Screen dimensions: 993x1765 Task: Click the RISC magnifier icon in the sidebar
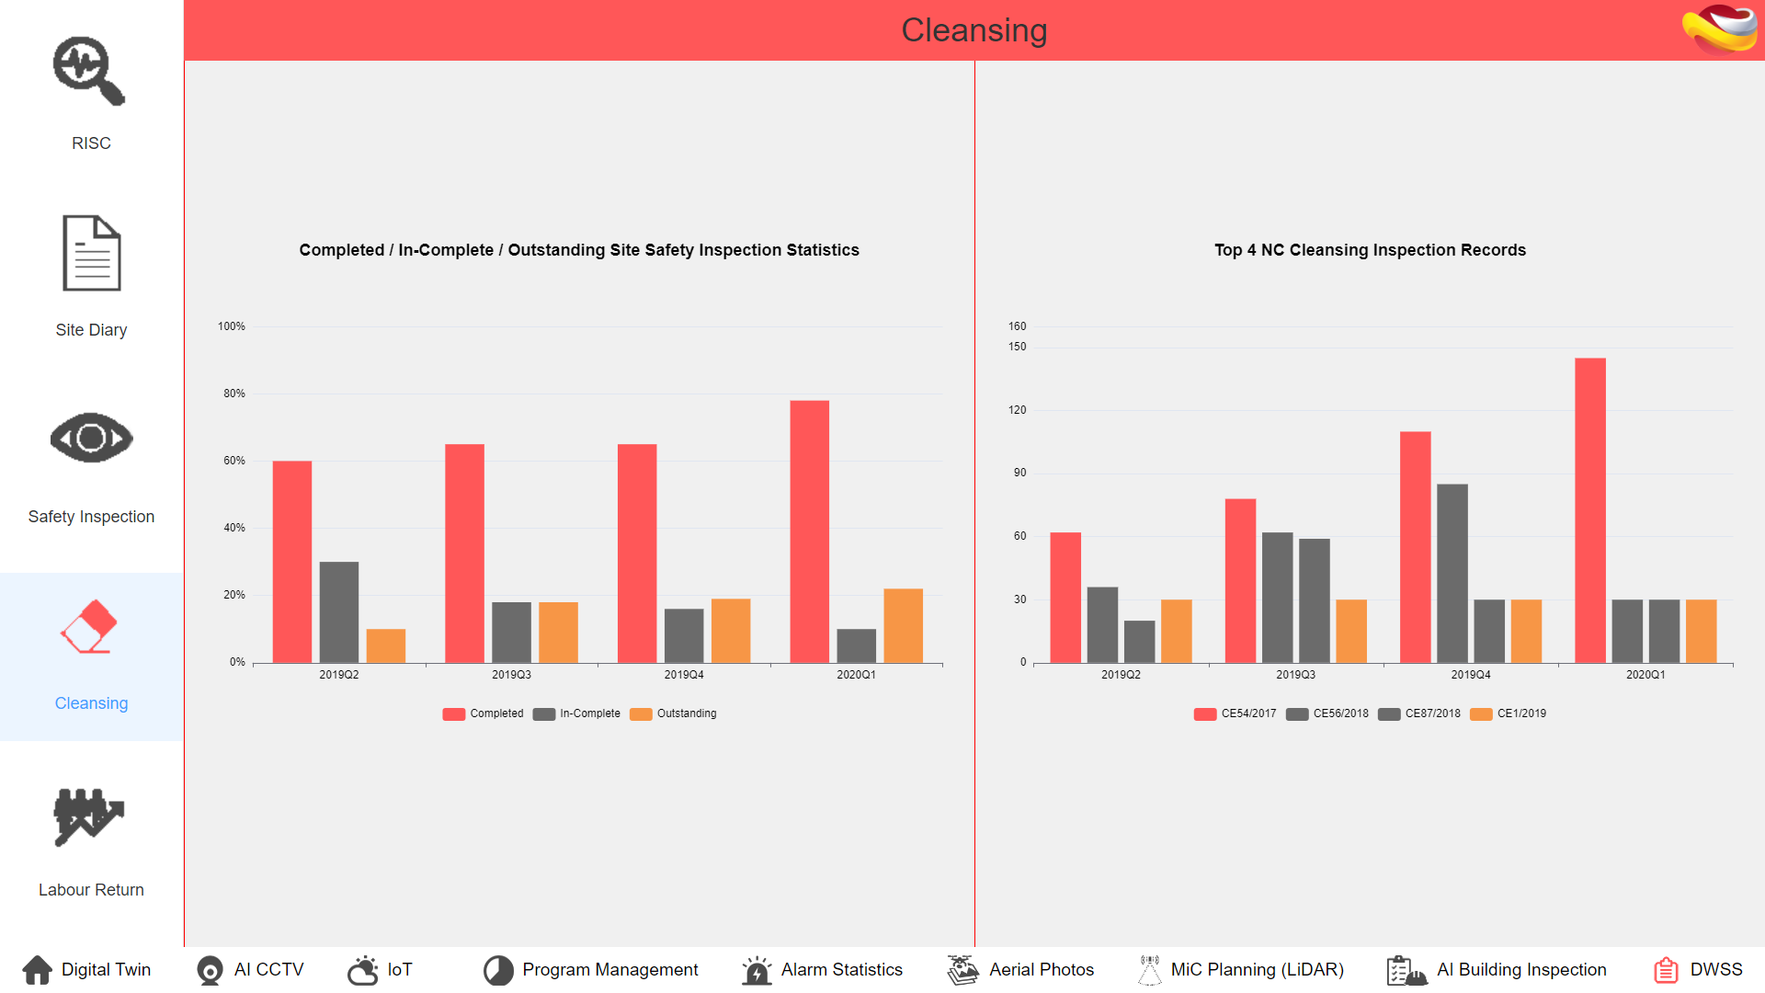[x=88, y=71]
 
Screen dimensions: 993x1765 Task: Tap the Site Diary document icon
[x=91, y=253]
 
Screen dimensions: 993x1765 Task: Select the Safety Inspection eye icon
[x=91, y=438]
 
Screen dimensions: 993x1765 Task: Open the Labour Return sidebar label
[x=91, y=889]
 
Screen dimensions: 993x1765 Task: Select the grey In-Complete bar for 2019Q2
[x=338, y=611]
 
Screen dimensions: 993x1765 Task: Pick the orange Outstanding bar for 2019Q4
[x=731, y=631]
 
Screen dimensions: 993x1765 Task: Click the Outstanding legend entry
[x=674, y=713]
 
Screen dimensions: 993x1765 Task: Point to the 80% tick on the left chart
[x=233, y=394]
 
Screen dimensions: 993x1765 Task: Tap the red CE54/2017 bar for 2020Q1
[x=1589, y=510]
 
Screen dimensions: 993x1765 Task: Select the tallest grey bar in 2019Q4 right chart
[x=1452, y=573]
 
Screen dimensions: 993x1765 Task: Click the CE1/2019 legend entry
[x=1509, y=713]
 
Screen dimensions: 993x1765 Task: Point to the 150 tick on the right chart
[x=1017, y=347]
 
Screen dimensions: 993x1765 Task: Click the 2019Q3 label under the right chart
[x=1295, y=675]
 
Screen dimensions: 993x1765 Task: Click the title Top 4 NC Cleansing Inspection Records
[x=1370, y=250]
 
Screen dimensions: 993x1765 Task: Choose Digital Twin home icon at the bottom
[x=38, y=969]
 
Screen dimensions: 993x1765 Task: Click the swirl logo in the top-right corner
[x=1719, y=29]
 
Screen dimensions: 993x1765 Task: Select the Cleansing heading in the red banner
[x=974, y=30]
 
